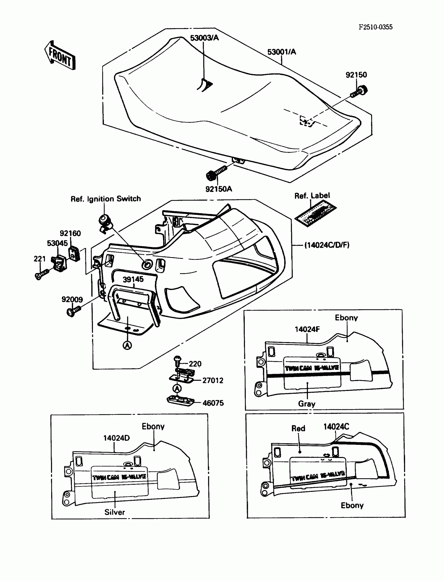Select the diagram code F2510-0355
pyautogui.click(x=375, y=27)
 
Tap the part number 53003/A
pyautogui.click(x=204, y=38)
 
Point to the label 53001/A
pyautogui.click(x=282, y=52)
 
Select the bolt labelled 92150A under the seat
pyautogui.click(x=216, y=173)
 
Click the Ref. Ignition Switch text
pyautogui.click(x=106, y=199)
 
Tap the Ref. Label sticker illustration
pyautogui.click(x=316, y=213)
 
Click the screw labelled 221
pyautogui.click(x=42, y=274)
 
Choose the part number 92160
pyautogui.click(x=70, y=233)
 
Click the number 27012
pyautogui.click(x=213, y=380)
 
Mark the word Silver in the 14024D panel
pyautogui.click(x=114, y=512)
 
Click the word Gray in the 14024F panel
pyautogui.click(x=307, y=404)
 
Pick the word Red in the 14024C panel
pyautogui.click(x=298, y=428)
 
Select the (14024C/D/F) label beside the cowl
pyautogui.click(x=327, y=245)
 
